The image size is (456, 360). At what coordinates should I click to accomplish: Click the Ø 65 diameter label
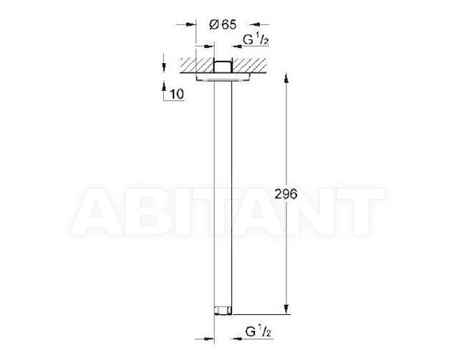tap(223, 25)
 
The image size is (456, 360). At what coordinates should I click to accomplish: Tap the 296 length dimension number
tap(286, 194)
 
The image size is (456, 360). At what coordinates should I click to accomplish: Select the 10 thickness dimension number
tap(177, 94)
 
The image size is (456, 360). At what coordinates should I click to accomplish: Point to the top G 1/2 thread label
tap(256, 40)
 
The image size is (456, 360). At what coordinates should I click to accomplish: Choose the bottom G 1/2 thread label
tap(258, 332)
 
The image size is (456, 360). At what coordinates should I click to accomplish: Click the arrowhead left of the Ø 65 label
tap(191, 25)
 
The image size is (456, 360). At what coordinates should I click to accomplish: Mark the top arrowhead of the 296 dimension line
tap(286, 79)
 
